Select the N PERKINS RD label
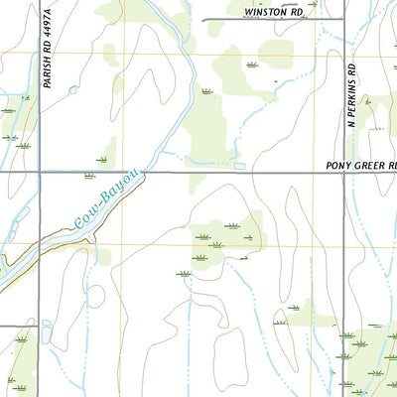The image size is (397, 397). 351,93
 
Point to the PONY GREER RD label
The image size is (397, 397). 361,165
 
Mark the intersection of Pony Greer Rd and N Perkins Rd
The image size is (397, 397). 343,173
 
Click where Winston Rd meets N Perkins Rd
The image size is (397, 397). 343,19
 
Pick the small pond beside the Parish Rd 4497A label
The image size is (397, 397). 72,89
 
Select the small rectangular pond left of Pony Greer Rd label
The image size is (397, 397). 238,165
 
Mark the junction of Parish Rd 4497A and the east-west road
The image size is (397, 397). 40,173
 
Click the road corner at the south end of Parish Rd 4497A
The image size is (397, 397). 40,326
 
